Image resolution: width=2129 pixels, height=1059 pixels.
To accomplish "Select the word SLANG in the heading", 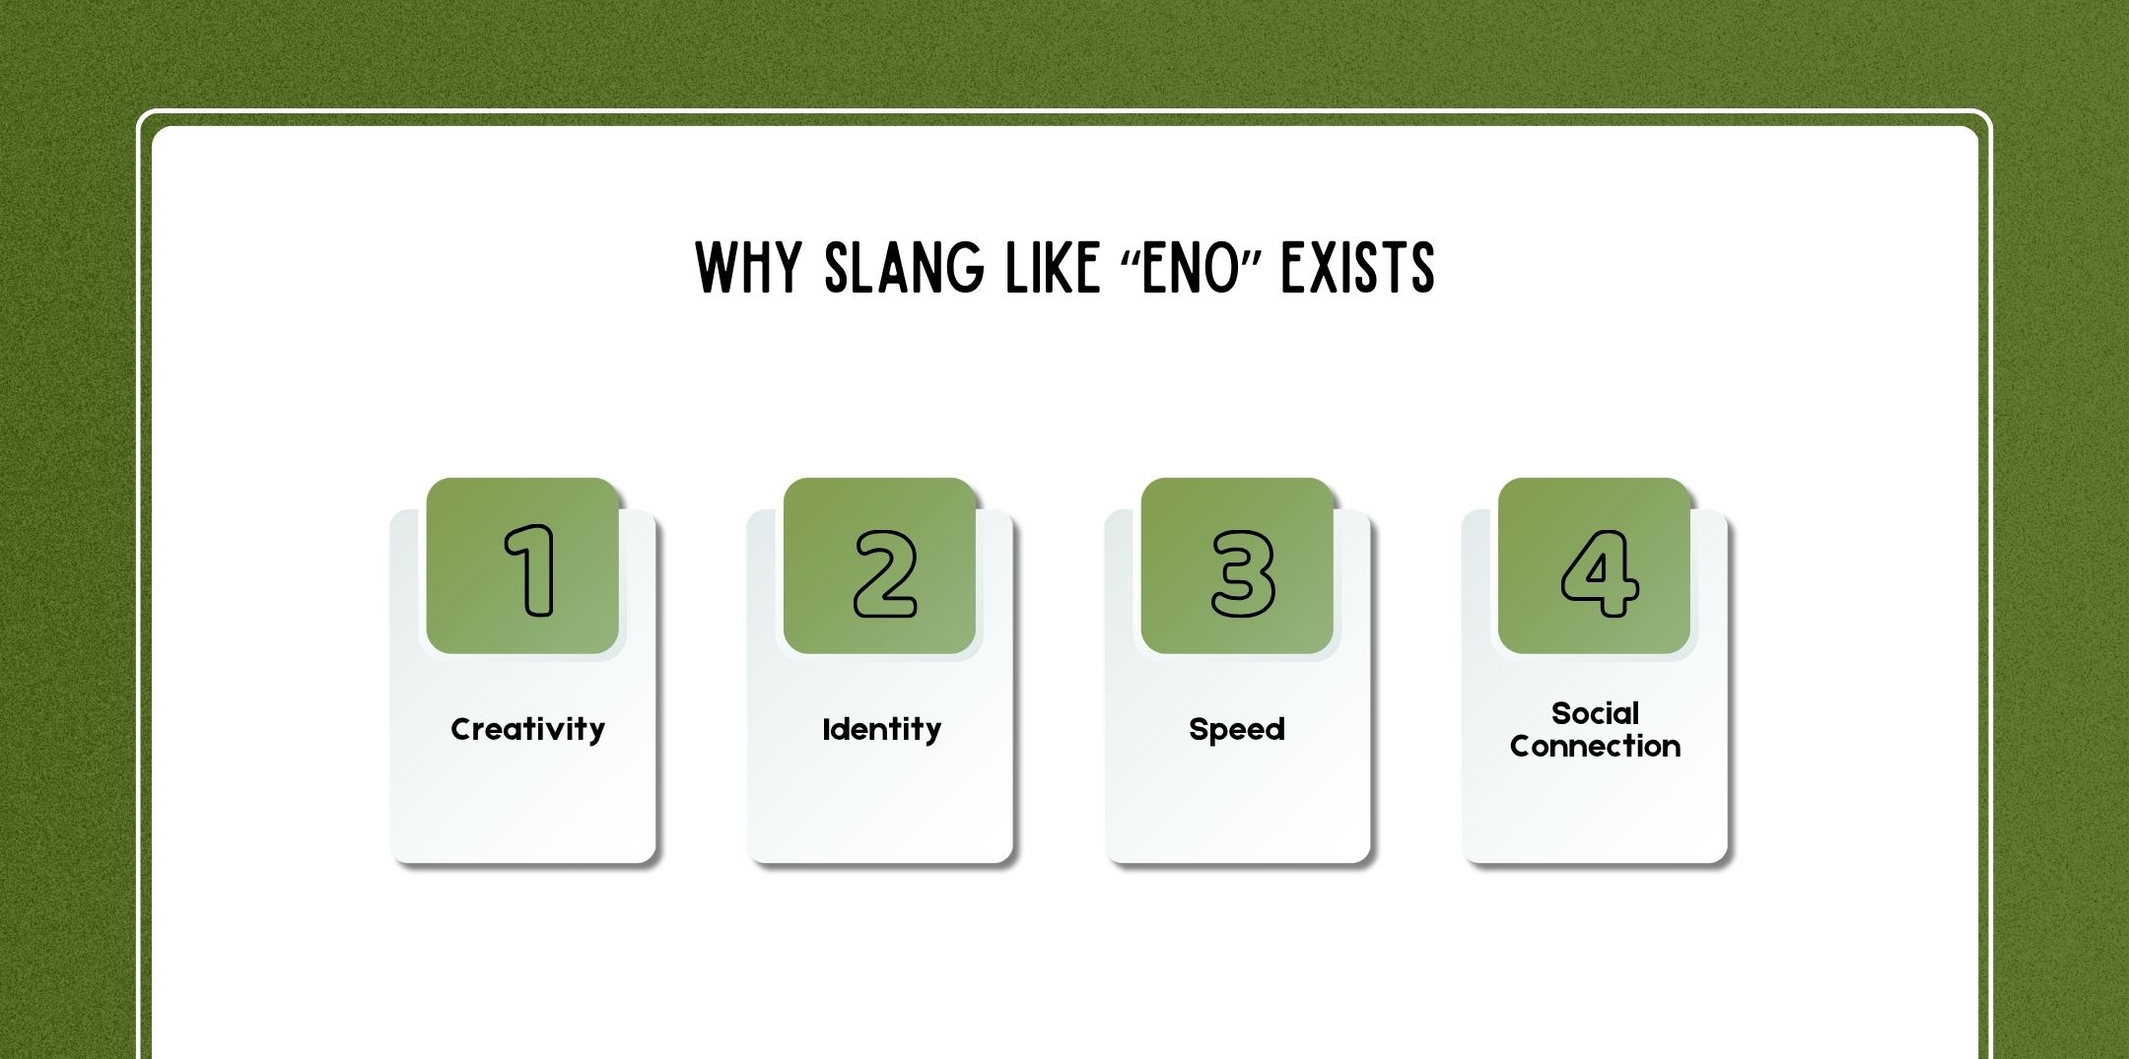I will point(904,267).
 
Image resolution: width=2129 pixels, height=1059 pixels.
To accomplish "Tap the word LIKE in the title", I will point(1052,267).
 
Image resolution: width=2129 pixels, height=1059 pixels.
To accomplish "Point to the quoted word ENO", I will point(1189,269).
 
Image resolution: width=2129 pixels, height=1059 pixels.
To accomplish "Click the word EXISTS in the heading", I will point(1357,267).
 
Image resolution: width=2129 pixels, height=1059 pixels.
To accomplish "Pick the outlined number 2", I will point(885,573).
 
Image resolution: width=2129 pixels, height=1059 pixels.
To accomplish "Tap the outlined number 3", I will point(1243,573).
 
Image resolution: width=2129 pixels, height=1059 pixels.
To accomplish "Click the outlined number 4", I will point(1600,573).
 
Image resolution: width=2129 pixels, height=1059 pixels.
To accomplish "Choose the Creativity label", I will point(527,729).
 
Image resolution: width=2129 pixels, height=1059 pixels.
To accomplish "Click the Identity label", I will point(881,729).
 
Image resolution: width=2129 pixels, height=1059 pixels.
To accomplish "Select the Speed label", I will point(1237,729).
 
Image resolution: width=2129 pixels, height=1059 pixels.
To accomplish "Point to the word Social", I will point(1595,712).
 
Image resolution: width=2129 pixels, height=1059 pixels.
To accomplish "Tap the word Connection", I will point(1595,746).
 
